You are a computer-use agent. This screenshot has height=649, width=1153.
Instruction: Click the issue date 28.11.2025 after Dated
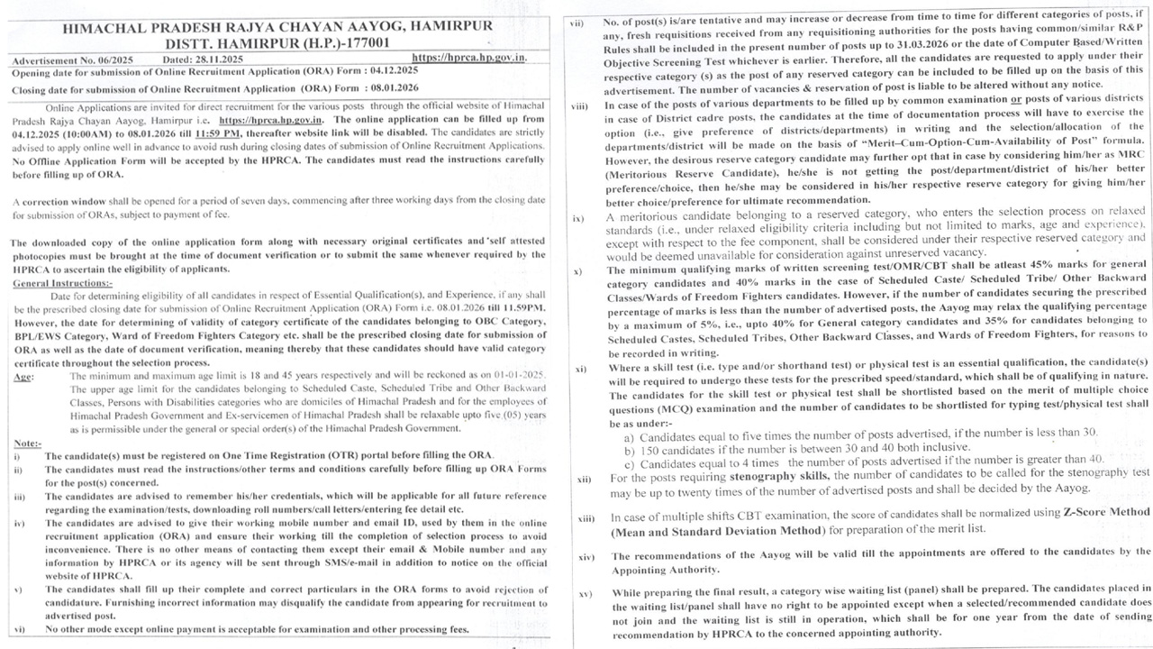click(218, 59)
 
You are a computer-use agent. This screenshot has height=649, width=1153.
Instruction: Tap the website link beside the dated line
click(469, 58)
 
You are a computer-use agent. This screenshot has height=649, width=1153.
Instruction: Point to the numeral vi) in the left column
click(19, 628)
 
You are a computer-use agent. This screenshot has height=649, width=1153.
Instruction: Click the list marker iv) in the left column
click(19, 523)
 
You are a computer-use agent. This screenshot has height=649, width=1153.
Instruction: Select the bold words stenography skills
click(776, 473)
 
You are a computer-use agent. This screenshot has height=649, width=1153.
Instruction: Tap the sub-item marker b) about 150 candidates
click(629, 447)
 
